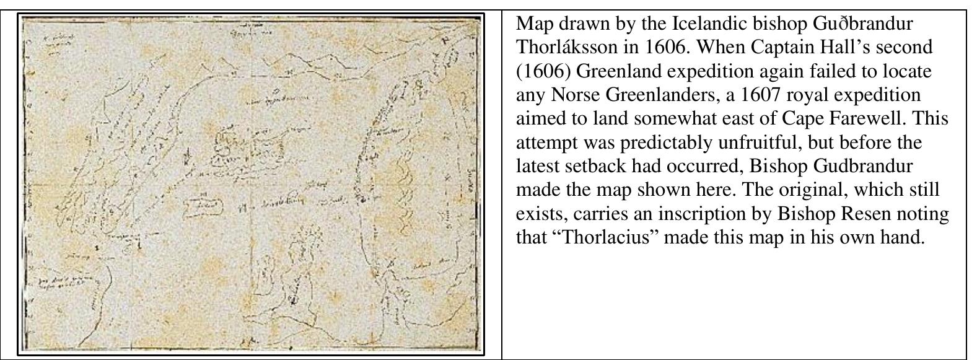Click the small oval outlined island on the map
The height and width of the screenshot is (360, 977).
pos(204,205)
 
